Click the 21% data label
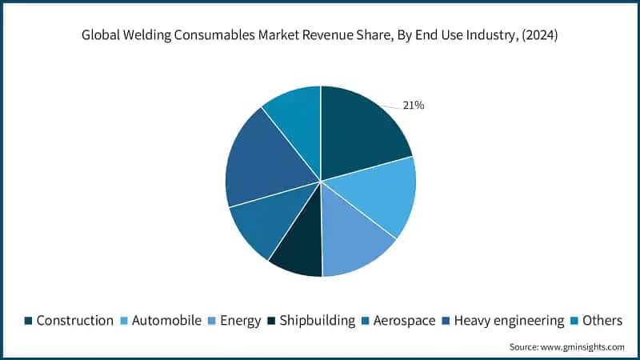coord(413,105)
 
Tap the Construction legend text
coord(75,320)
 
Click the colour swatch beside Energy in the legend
coord(213,320)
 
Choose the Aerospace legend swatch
coord(366,320)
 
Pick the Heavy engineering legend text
coord(509,320)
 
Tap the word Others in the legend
coord(602,320)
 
